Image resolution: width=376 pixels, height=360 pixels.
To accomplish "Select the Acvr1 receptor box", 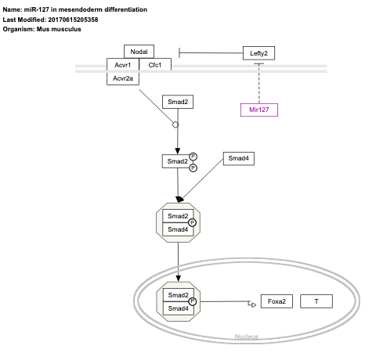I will tap(121, 65).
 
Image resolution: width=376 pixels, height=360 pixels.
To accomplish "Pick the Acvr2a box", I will tap(121, 78).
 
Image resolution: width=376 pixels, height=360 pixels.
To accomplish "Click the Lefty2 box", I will tap(258, 52).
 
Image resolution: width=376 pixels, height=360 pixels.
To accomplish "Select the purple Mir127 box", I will tap(258, 110).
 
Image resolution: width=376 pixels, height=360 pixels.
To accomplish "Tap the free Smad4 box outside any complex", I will tap(239, 158).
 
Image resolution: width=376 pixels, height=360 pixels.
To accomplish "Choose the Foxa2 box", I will tap(277, 301).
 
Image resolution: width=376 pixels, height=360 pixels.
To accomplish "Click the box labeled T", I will tap(316, 301).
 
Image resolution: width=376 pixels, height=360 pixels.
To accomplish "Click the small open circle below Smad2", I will tap(175, 124).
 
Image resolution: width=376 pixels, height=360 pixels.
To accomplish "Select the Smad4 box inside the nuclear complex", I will tap(177, 308).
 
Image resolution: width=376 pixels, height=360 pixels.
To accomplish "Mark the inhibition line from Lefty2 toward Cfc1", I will tap(211, 52).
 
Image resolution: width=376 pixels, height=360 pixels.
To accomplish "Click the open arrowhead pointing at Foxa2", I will tap(251, 301).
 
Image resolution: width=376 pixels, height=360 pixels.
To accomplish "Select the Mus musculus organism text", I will tap(57, 29).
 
